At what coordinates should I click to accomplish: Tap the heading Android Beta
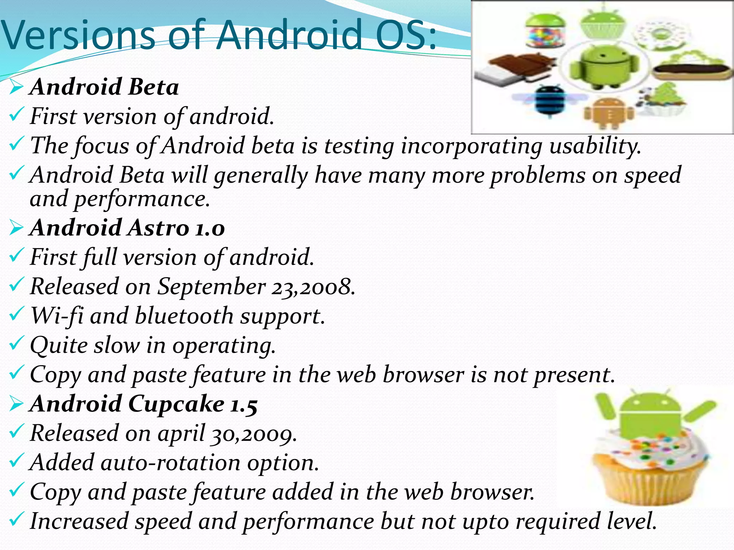[104, 87]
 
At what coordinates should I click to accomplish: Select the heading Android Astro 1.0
[128, 228]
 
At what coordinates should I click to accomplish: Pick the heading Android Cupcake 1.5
[144, 404]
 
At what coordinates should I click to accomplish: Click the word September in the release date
[212, 286]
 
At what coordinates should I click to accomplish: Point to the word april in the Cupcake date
[181, 433]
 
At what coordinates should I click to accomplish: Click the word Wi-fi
[57, 316]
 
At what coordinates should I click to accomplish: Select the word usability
[595, 146]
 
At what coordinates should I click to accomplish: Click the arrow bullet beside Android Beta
[16, 87]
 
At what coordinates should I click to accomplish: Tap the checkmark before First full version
[16, 256]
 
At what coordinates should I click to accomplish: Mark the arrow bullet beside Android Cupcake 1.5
[16, 404]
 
